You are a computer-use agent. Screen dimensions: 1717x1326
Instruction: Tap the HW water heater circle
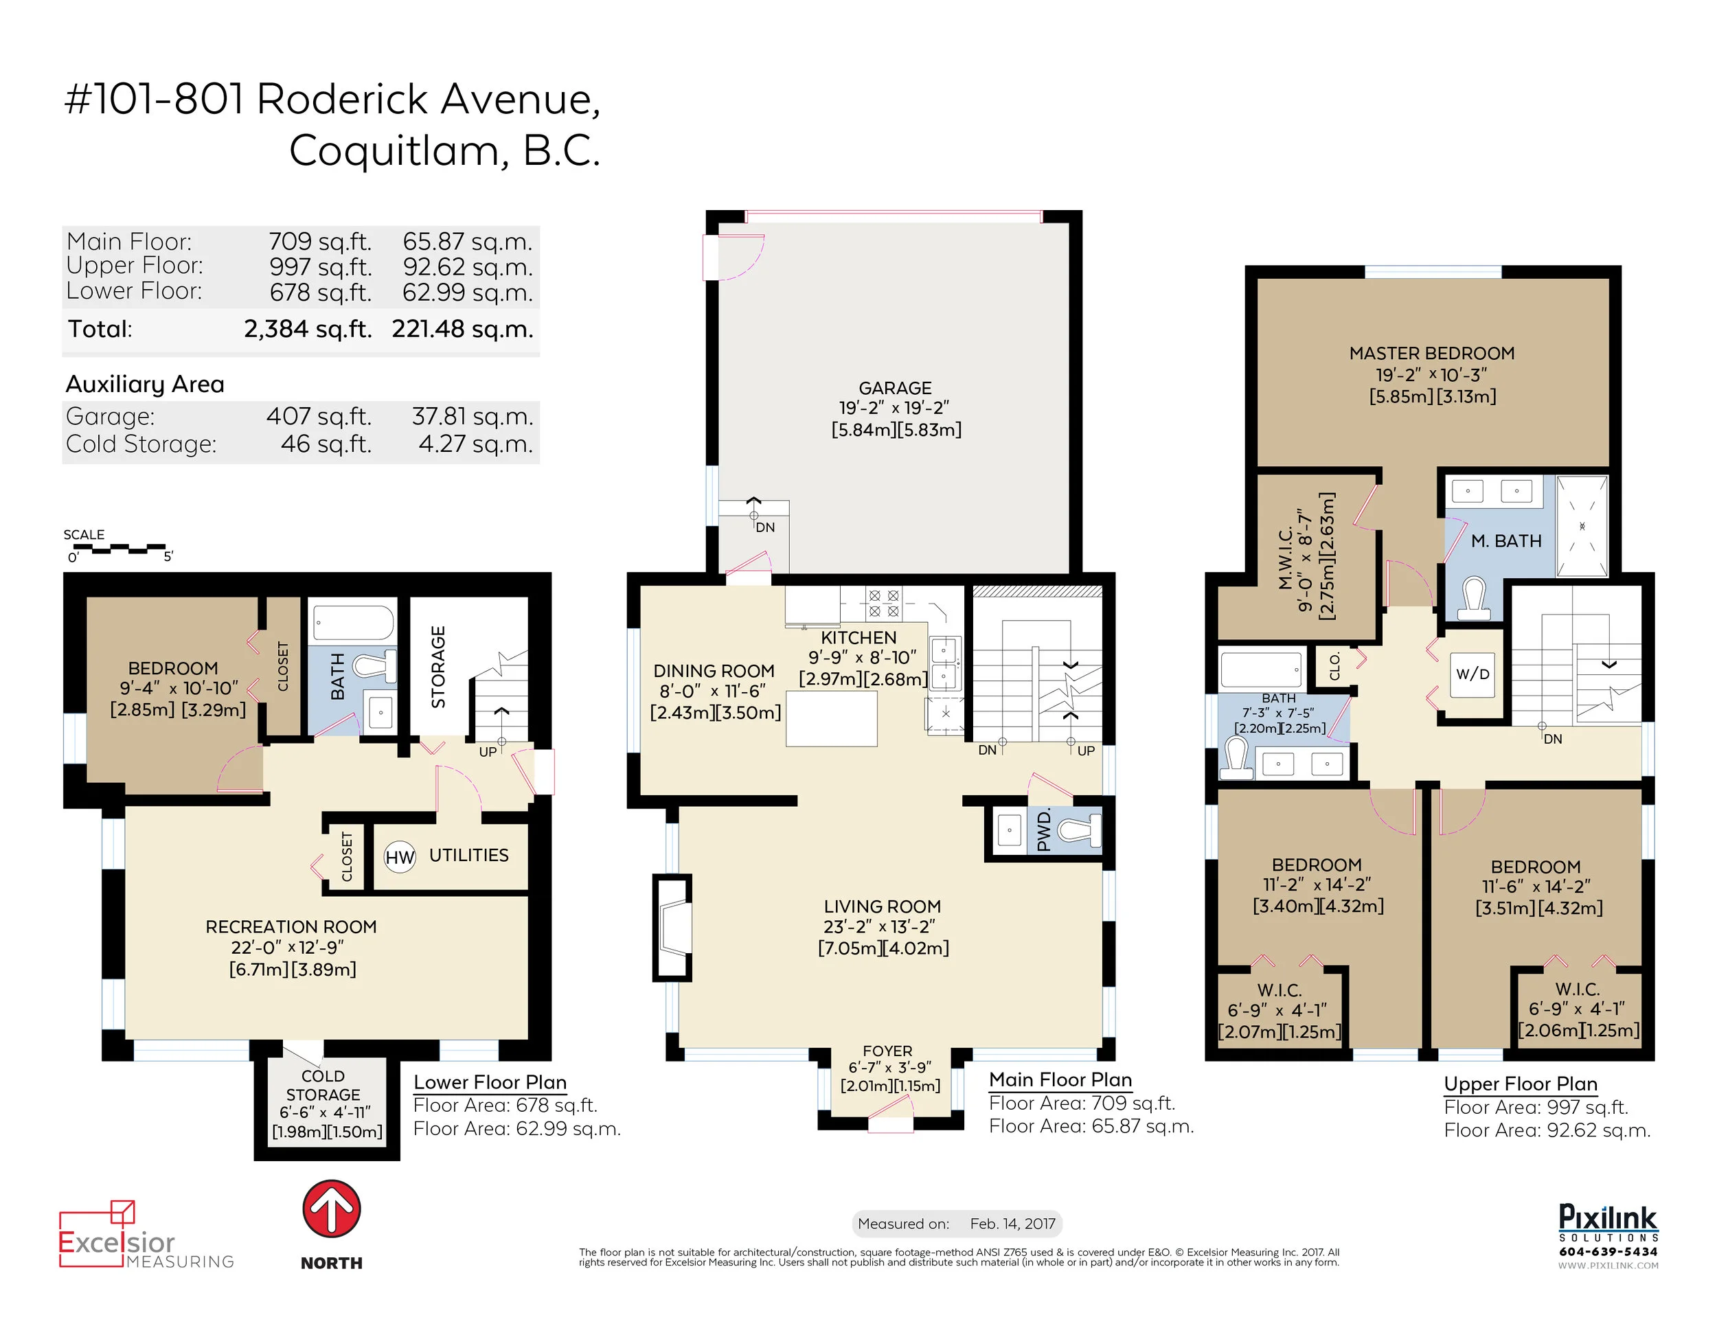pos(400,857)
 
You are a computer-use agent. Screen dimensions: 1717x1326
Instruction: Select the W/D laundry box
pos(1472,674)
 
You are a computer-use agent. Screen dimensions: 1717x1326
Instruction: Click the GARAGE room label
pos(895,388)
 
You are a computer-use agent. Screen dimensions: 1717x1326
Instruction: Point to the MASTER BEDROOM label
pos(1431,354)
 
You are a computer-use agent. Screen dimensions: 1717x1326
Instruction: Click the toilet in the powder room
pos(1078,830)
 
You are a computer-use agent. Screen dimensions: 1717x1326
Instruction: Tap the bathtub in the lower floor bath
pos(354,624)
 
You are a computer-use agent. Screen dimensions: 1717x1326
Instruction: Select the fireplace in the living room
pos(673,928)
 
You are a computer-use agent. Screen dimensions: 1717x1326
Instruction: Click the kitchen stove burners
pos(883,602)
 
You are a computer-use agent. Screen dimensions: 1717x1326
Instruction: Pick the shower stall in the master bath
pos(1582,526)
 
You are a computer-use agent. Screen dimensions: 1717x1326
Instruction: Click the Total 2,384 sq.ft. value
pos(308,328)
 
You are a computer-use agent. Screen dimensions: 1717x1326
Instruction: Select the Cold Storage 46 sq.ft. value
pos(326,444)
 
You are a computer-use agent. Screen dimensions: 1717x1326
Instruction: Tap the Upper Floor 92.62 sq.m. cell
pos(468,267)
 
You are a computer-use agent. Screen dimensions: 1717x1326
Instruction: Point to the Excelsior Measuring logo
pos(146,1234)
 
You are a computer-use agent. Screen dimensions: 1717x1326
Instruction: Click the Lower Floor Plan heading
pos(490,1082)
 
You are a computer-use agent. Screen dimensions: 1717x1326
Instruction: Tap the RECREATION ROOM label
pos(291,928)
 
